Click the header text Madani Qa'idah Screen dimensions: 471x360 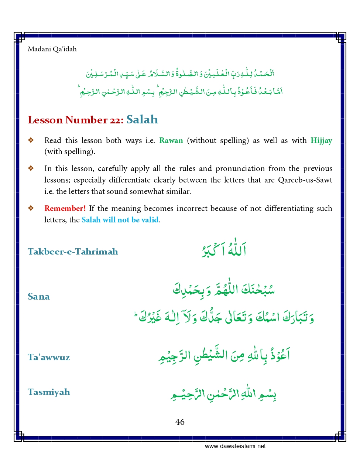pyautogui.click(x=52, y=49)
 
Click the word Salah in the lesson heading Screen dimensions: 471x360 pyautogui.click(x=142, y=120)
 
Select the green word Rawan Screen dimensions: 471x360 pyautogui.click(x=171, y=140)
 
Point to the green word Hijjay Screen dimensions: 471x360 pyautogui.click(x=321, y=140)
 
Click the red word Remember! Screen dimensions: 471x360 pyautogui.click(x=65, y=208)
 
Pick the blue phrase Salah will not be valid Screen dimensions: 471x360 pyautogui.click(x=120, y=220)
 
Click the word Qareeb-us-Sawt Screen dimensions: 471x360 pyautogui.click(x=305, y=180)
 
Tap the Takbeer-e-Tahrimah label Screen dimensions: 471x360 pyautogui.click(x=73, y=252)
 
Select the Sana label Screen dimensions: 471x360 pyautogui.click(x=39, y=297)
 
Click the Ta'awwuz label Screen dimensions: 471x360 pyautogui.click(x=49, y=357)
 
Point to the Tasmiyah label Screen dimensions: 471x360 pyautogui.click(x=49, y=392)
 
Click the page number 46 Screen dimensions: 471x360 pyautogui.click(x=180, y=422)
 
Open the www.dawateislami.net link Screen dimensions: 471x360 pyautogui.click(x=235, y=446)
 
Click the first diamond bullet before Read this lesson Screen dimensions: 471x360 pyautogui.click(x=31, y=140)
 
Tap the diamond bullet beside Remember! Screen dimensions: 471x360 pyautogui.click(x=31, y=208)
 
